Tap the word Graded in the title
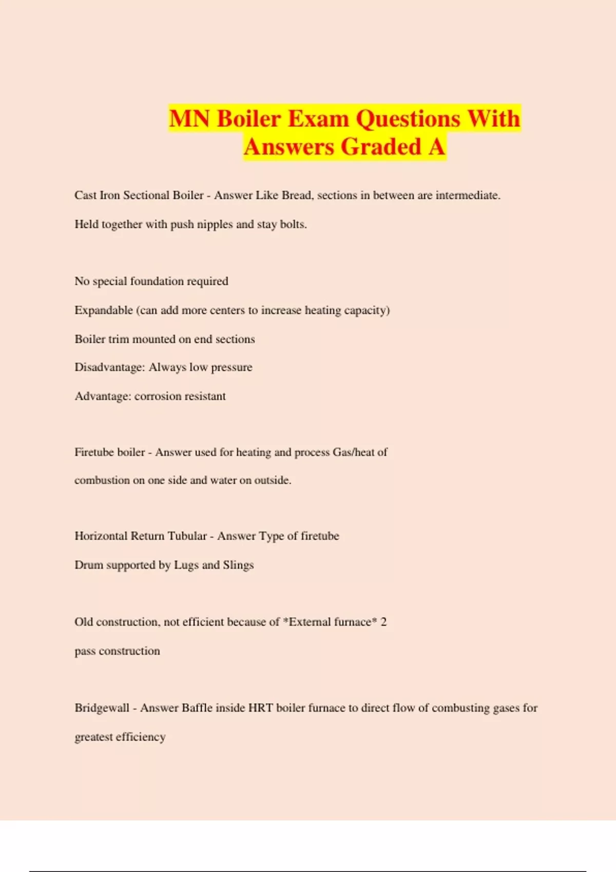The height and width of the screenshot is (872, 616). [381, 147]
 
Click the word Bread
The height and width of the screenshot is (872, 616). [297, 195]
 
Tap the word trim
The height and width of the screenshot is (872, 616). [119, 339]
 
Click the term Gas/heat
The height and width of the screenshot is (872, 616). [354, 452]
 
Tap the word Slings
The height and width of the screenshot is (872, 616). [238, 565]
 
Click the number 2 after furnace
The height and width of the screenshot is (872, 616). [383, 622]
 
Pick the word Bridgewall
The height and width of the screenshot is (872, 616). [102, 708]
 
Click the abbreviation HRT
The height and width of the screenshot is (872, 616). [260, 708]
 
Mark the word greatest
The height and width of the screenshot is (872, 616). [93, 737]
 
